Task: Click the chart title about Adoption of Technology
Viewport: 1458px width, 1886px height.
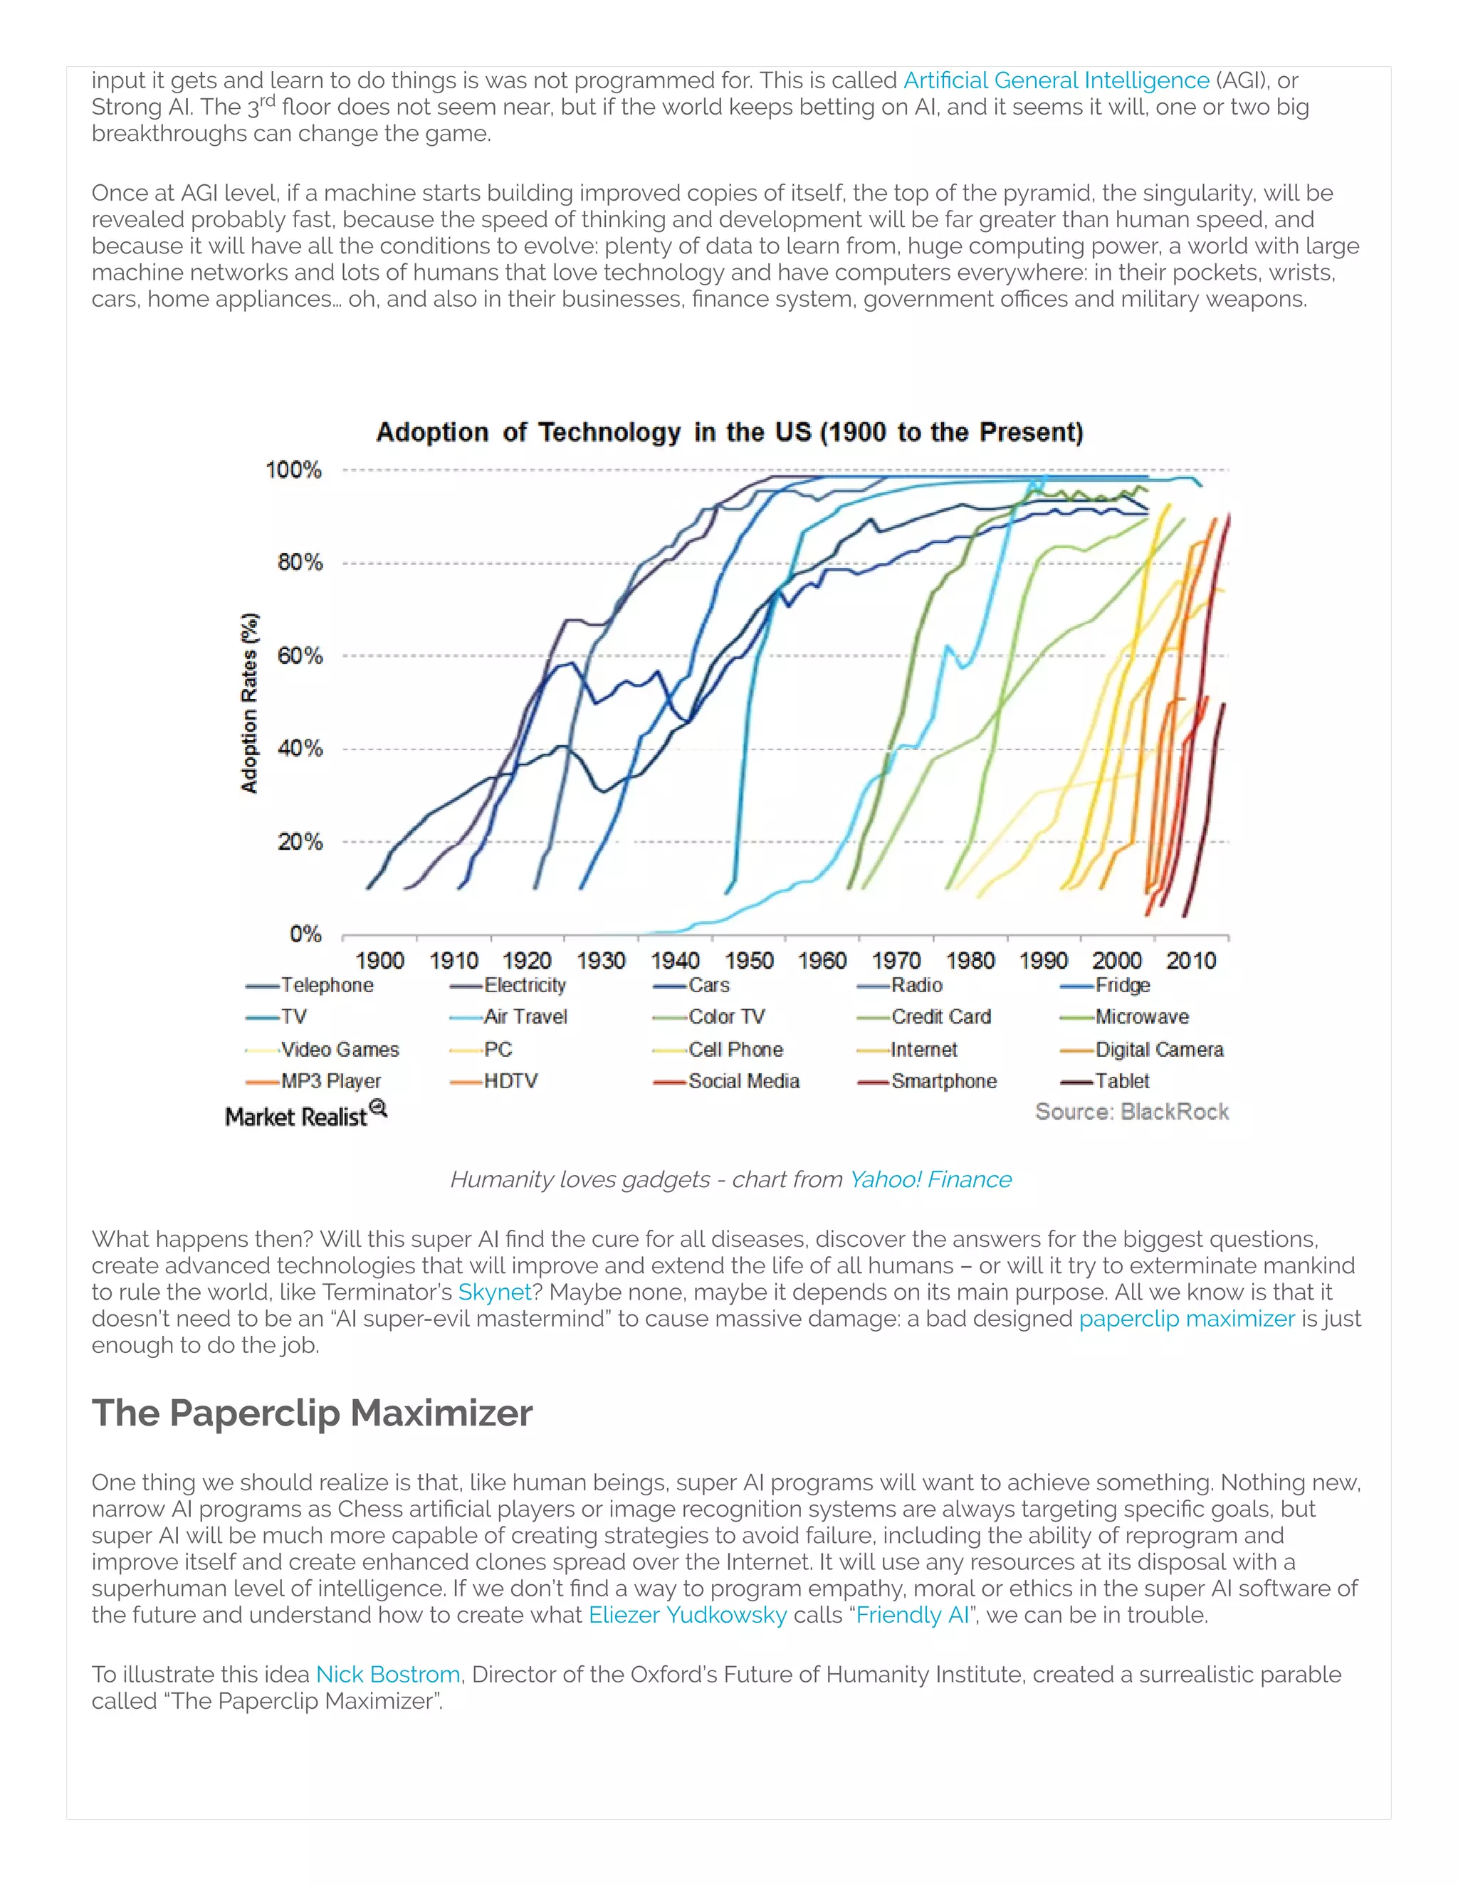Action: (729, 432)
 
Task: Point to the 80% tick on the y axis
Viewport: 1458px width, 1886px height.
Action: (300, 562)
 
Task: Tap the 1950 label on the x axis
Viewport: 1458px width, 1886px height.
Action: (749, 960)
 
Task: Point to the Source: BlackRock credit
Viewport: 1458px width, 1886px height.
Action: (1131, 1112)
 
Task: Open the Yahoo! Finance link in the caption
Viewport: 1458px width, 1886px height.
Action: (930, 1179)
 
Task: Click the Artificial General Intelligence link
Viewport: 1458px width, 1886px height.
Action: (1056, 80)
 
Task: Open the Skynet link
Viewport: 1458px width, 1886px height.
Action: (494, 1292)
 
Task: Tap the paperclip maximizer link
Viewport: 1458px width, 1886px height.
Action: (1187, 1319)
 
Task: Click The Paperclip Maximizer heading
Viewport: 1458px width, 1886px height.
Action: (312, 1413)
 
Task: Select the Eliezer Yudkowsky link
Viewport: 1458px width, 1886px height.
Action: (688, 1615)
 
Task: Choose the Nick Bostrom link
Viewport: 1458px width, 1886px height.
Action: (388, 1675)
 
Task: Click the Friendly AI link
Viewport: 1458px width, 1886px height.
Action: (912, 1615)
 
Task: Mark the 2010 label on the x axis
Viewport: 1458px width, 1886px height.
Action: (1190, 960)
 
